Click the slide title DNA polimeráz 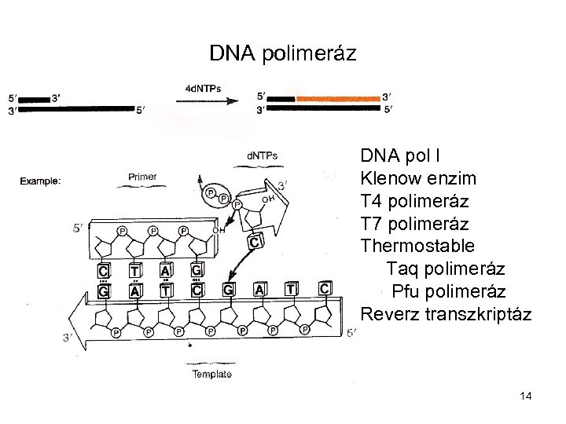[x=283, y=53]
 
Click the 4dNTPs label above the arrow [x=202, y=87]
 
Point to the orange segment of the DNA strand [x=338, y=99]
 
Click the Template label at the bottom [x=212, y=374]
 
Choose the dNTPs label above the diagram [x=262, y=155]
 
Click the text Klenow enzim [x=417, y=179]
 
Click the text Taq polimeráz [x=446, y=269]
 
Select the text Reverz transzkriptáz [x=446, y=315]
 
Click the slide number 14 [x=526, y=397]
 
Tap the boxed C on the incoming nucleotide [x=255, y=242]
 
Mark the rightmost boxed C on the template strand [x=325, y=289]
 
